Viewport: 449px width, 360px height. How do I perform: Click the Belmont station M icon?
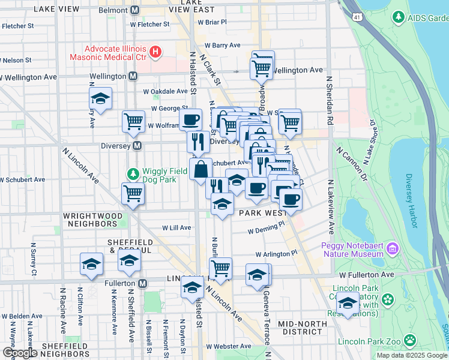[135, 11]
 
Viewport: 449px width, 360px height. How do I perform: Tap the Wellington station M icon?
[133, 77]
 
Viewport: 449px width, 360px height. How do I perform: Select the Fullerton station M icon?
[143, 283]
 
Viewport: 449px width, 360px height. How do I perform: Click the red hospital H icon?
[155, 52]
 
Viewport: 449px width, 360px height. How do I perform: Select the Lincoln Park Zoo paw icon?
[410, 340]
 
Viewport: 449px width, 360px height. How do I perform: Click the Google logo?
[20, 353]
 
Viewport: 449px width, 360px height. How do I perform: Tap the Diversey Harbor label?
[411, 202]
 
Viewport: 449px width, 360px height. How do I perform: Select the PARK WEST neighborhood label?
[262, 213]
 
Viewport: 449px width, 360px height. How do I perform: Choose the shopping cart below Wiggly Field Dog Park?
[133, 193]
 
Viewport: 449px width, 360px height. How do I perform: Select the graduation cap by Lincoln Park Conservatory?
[348, 302]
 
